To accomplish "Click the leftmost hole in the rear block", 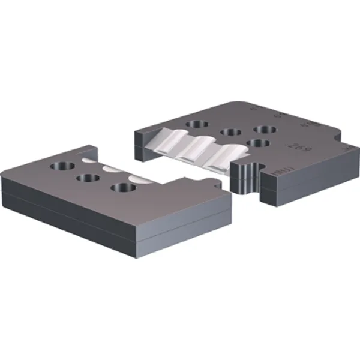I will (x=196, y=124).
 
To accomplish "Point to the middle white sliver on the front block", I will (x=112, y=170).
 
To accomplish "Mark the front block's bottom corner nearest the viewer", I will (x=134, y=255).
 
